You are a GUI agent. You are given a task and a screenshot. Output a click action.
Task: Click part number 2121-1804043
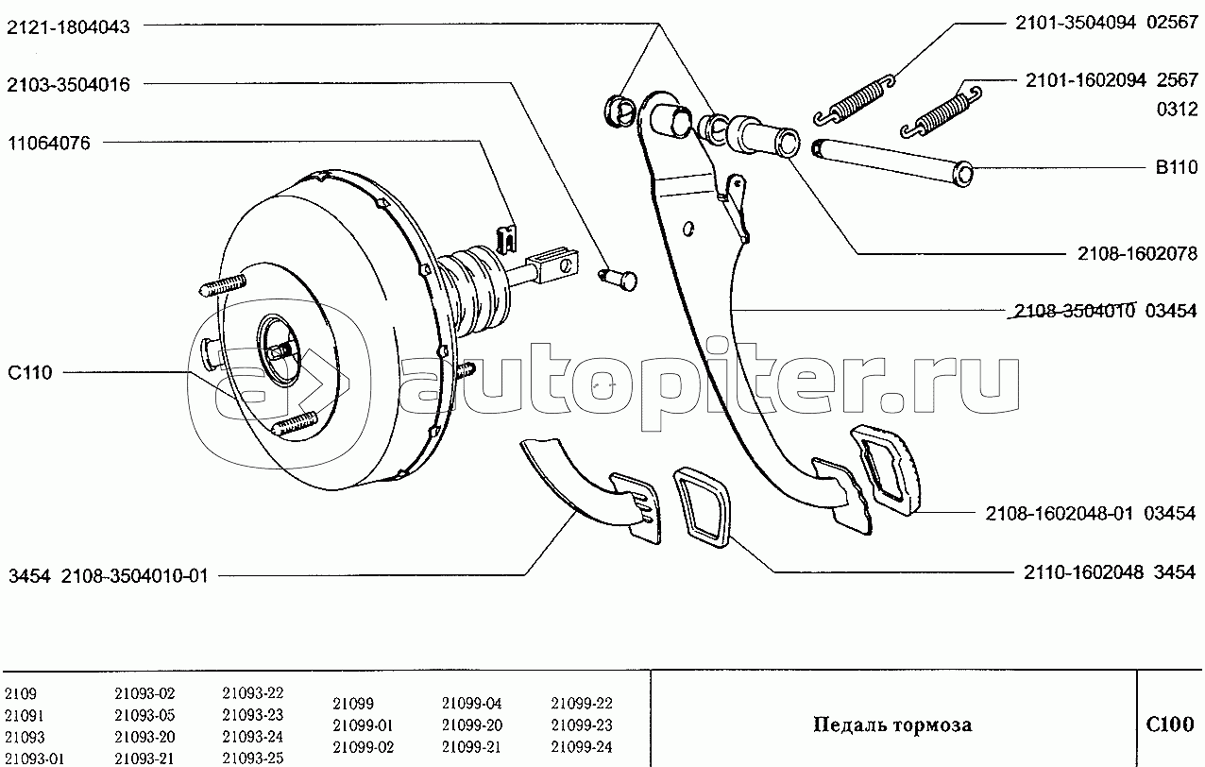[68, 26]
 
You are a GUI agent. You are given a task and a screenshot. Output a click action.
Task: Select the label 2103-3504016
[68, 84]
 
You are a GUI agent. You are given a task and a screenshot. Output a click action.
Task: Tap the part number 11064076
[49, 144]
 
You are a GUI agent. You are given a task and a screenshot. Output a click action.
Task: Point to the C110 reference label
[30, 372]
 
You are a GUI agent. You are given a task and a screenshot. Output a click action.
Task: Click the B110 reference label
[1177, 167]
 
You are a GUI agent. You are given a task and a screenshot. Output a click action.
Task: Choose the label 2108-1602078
[1138, 253]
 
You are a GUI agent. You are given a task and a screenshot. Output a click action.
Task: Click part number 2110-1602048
[1083, 572]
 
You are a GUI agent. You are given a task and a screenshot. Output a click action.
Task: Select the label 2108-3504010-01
[134, 576]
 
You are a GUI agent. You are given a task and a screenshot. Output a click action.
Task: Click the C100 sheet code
[1170, 724]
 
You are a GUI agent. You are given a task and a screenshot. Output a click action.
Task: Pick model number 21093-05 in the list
[144, 715]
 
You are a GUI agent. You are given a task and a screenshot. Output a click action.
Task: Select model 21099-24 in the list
[582, 746]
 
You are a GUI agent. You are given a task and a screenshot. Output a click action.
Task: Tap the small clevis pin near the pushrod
[619, 280]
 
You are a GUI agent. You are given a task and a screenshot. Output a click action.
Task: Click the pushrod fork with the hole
[553, 265]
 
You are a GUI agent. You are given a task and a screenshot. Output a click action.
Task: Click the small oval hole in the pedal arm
[688, 229]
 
